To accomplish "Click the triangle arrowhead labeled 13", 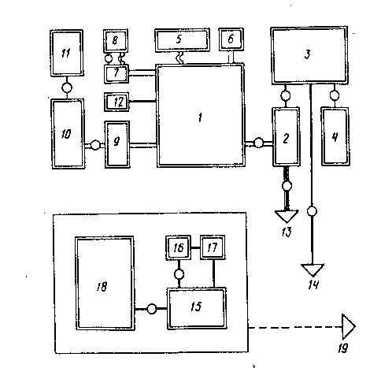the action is click(287, 216).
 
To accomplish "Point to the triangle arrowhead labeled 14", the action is click(313, 270).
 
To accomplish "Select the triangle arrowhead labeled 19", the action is click(349, 326).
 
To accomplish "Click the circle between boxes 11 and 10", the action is click(67, 87).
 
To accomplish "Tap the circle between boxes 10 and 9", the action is click(95, 145).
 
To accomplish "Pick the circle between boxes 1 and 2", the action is click(258, 143).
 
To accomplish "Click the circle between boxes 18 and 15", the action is click(151, 309).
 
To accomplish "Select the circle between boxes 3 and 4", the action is click(334, 95).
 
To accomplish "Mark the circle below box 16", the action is click(179, 274).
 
